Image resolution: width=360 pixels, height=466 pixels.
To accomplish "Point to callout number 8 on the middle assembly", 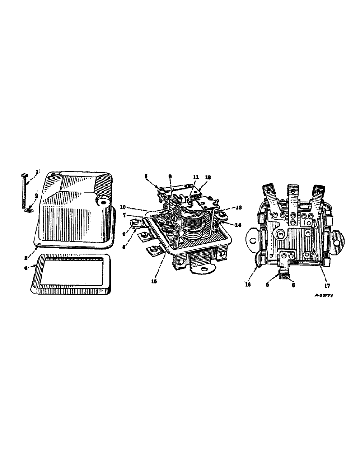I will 146,177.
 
